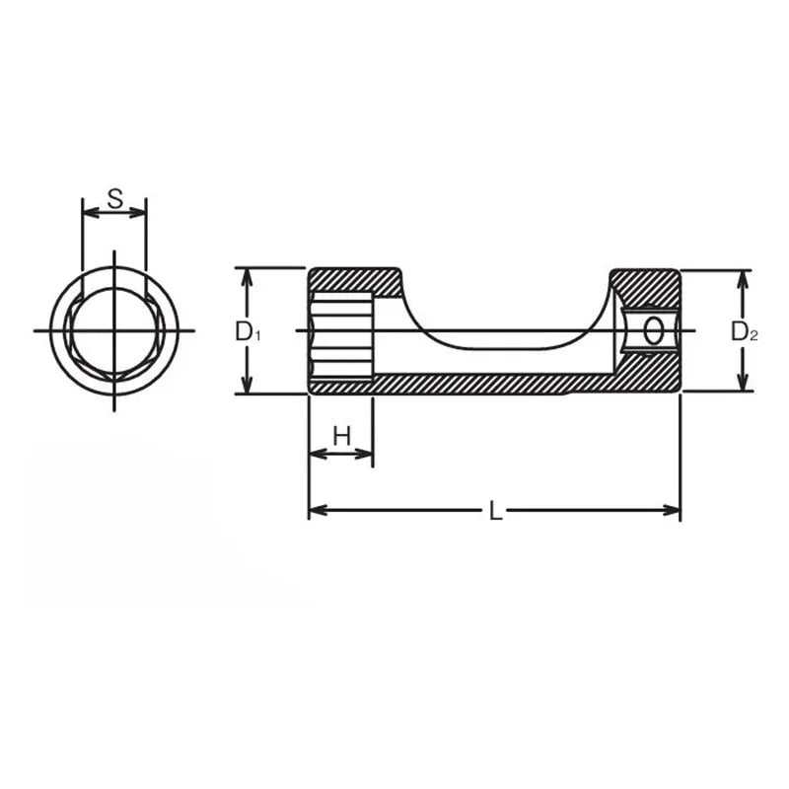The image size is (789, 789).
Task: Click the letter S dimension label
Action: click(x=114, y=198)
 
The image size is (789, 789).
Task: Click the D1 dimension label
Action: click(x=248, y=332)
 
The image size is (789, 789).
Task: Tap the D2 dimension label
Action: click(x=744, y=332)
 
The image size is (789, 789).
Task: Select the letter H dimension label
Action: click(x=341, y=436)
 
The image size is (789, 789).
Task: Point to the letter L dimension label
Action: click(x=496, y=511)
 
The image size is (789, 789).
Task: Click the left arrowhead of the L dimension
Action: click(x=317, y=511)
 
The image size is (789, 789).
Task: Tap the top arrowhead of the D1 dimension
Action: click(x=248, y=274)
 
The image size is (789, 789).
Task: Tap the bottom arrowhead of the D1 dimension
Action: click(x=248, y=387)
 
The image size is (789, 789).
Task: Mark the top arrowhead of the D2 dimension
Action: click(x=743, y=277)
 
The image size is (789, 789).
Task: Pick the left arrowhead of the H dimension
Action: click(x=317, y=454)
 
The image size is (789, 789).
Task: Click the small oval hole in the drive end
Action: click(x=653, y=331)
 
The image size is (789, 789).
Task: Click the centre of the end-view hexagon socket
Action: click(x=114, y=330)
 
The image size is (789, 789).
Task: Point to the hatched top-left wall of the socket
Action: click(x=355, y=281)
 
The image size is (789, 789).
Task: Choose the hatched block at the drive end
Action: click(x=646, y=286)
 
